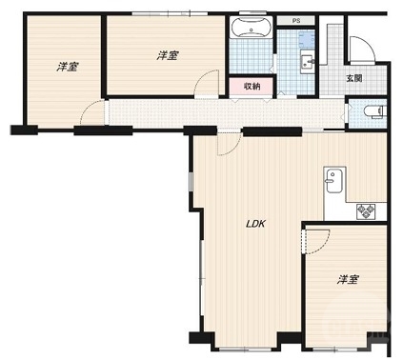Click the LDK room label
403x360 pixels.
pos(255,224)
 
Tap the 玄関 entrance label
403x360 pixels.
pos(354,78)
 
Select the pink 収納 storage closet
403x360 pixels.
pos(252,86)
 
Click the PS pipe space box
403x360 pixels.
pos(296,21)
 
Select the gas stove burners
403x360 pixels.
pos(366,211)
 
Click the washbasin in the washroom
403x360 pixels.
pos(308,62)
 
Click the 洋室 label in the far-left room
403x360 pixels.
pos(68,67)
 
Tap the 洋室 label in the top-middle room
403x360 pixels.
pos(168,55)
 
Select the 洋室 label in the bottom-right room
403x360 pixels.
pos(349,279)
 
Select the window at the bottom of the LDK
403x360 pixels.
pos(245,349)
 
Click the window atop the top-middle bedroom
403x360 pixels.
pos(170,13)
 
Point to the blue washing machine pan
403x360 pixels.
pos(307,39)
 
